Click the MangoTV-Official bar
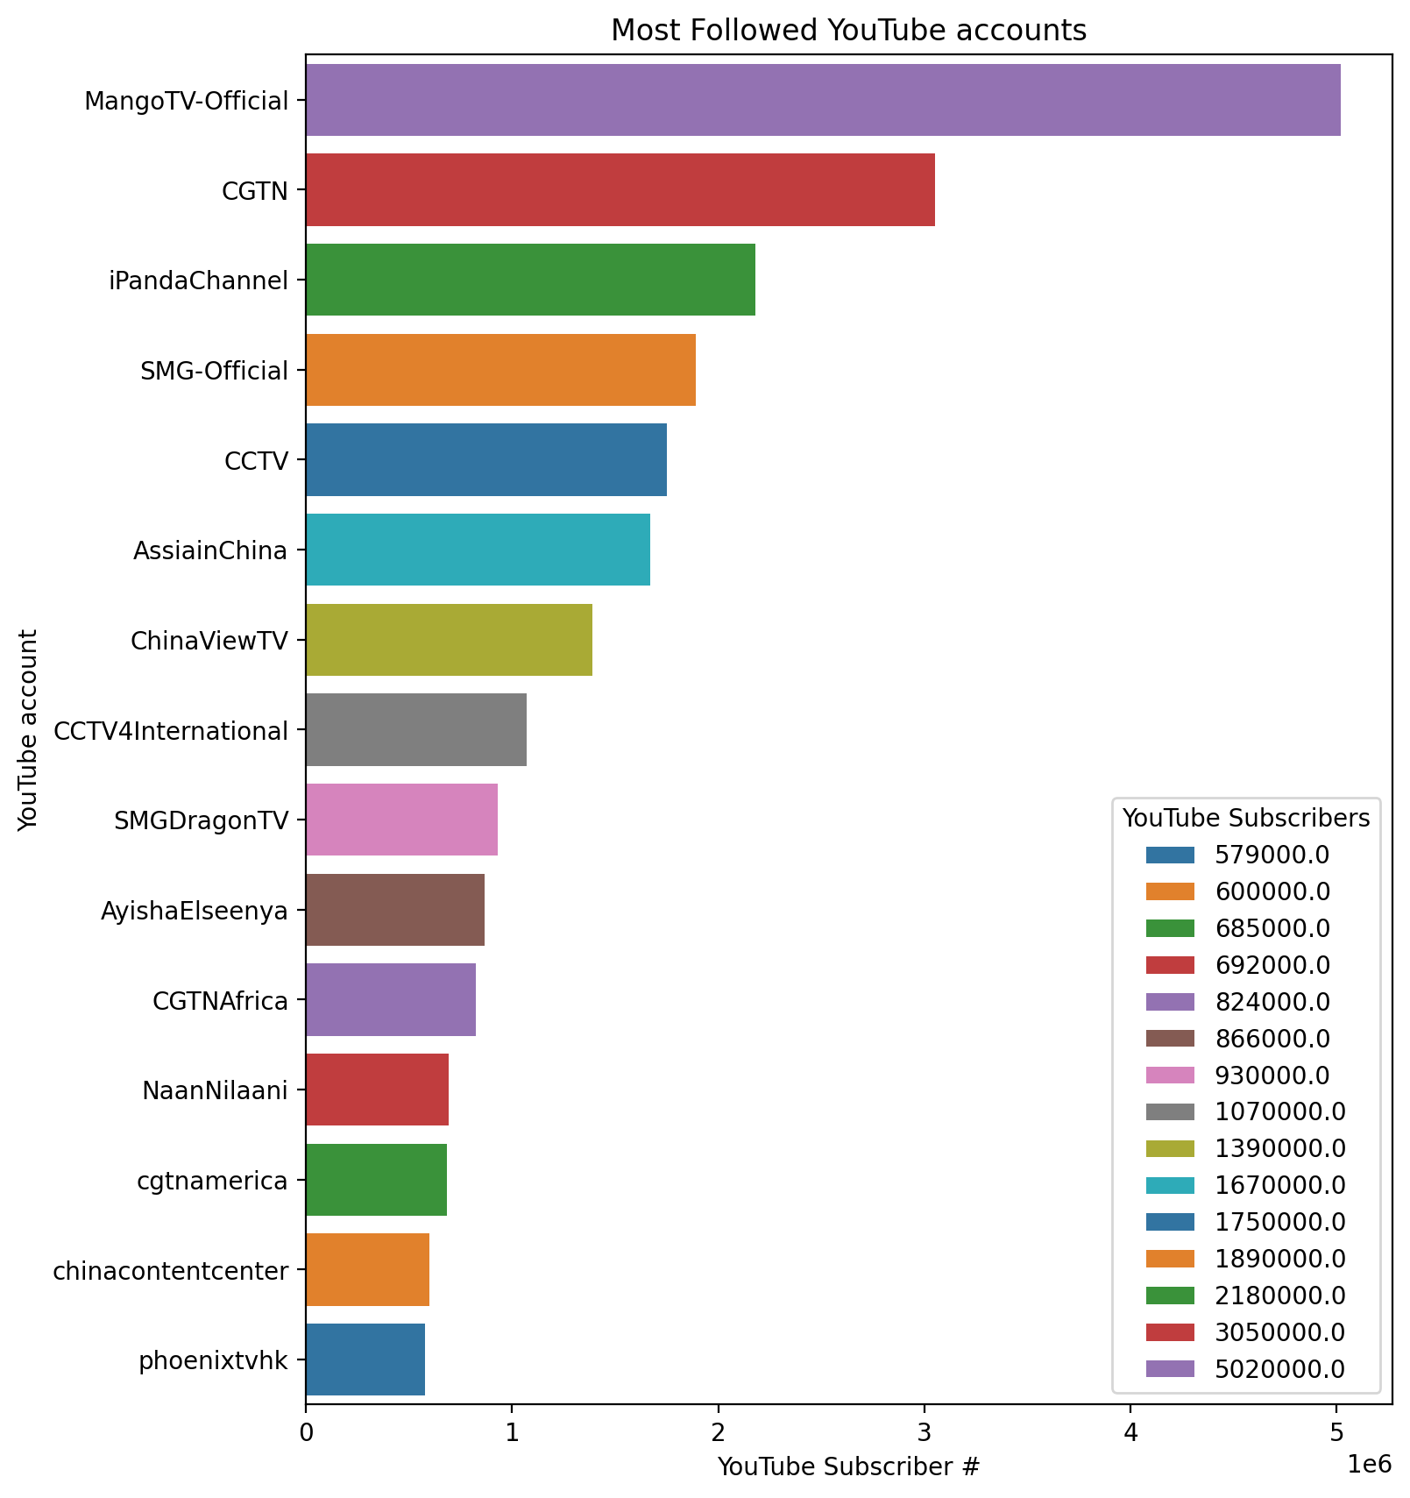coord(822,100)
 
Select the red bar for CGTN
coord(620,190)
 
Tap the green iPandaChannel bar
coord(530,280)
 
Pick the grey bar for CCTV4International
coord(415,729)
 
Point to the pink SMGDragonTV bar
coord(401,820)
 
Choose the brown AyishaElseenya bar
coord(394,910)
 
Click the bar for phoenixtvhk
coord(365,1360)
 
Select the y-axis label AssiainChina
coord(210,550)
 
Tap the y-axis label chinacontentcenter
coord(171,1270)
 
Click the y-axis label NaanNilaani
coord(215,1090)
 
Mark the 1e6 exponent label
coord(1368,1463)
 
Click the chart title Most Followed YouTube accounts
coord(848,31)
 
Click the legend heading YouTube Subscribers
coord(1246,818)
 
